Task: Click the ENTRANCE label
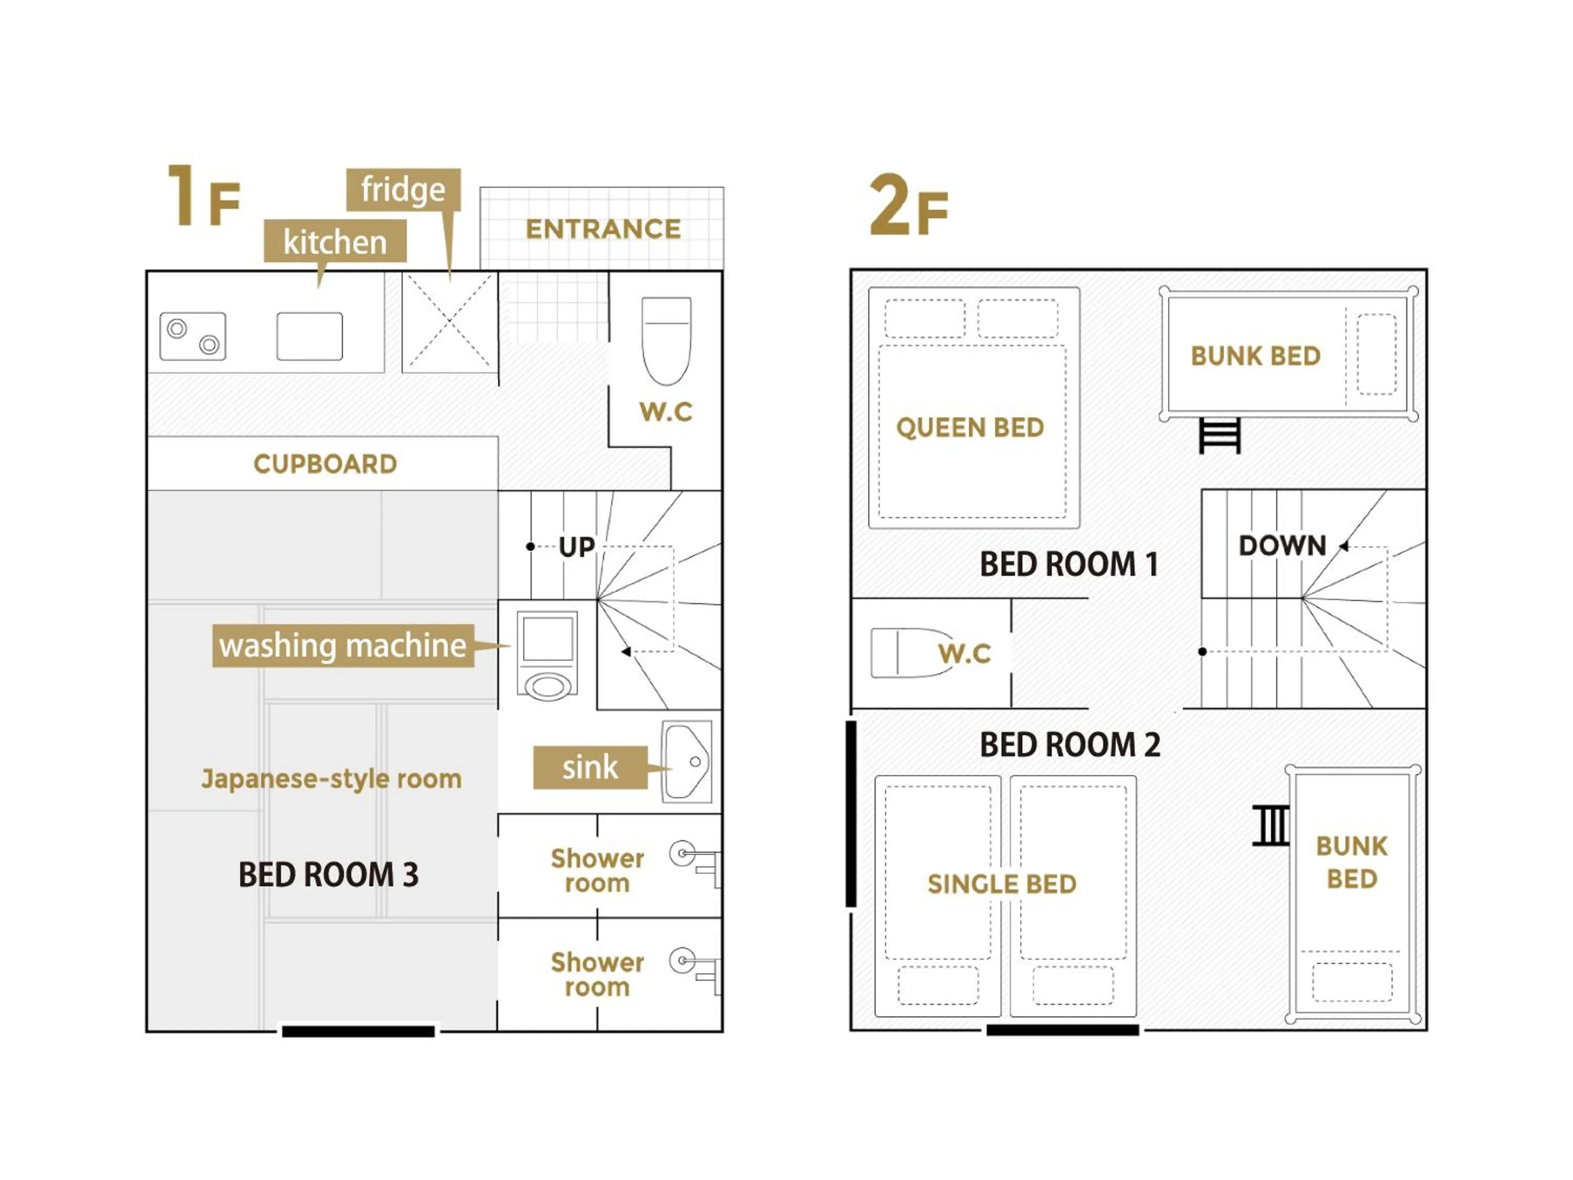click(603, 229)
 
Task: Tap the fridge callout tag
click(403, 190)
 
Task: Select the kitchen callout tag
click(335, 241)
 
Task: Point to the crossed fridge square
click(449, 322)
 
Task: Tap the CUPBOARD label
click(325, 464)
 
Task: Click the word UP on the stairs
click(576, 547)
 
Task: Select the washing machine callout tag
click(343, 646)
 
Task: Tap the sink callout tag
click(590, 767)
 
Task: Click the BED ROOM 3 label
click(329, 874)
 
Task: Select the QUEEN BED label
click(970, 427)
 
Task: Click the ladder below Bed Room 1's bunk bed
click(1220, 435)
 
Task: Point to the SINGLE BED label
click(1002, 884)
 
